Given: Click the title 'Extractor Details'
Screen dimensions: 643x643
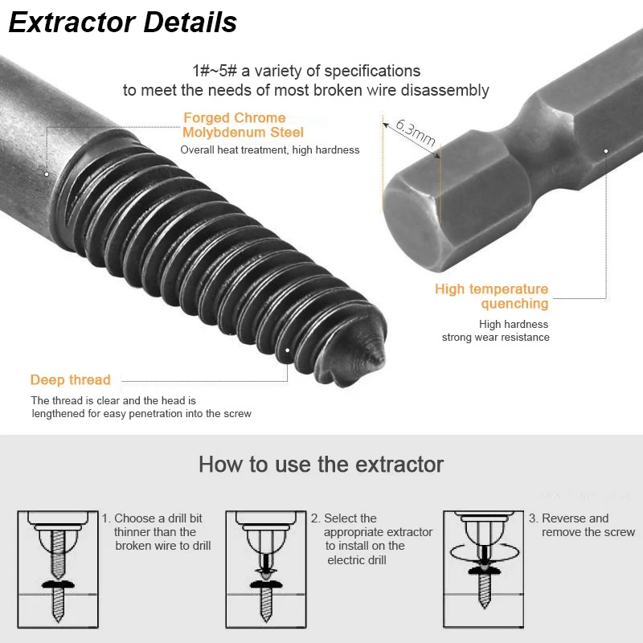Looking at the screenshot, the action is (x=123, y=23).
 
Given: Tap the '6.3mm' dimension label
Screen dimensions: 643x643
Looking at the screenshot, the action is (x=416, y=133).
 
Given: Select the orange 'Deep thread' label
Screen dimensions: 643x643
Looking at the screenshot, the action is (x=71, y=379).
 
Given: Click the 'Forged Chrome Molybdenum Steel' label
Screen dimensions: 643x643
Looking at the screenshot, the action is (x=243, y=125).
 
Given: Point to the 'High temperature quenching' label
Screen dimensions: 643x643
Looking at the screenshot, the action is (x=492, y=296).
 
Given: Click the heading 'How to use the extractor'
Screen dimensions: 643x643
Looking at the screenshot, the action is (x=321, y=465).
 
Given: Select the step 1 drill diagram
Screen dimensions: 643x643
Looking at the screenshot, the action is (x=58, y=569).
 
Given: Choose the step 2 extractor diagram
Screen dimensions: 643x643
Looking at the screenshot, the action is (x=266, y=569).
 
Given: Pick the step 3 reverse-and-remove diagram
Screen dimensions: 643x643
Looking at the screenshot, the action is (x=484, y=569).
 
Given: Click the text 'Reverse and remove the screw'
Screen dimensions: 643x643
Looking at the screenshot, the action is (x=582, y=526).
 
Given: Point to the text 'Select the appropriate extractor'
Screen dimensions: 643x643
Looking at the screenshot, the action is (x=371, y=526).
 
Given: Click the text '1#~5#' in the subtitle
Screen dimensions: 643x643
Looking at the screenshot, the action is (x=215, y=71).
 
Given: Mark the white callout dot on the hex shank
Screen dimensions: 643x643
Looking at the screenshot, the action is (x=606, y=151).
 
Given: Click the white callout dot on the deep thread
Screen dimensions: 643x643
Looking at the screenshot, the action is (x=288, y=350).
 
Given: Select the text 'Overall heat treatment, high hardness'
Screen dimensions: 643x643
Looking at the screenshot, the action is (x=270, y=150).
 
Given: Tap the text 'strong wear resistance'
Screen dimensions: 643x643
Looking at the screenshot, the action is (x=495, y=338).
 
